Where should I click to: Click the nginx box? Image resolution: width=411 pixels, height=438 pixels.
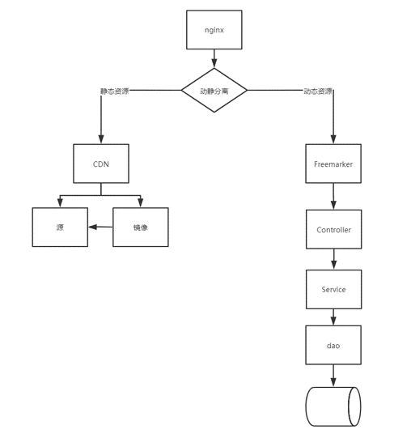(x=214, y=30)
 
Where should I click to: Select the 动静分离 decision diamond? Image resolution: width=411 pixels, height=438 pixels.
(x=214, y=90)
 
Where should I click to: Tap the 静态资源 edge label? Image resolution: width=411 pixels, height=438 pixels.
(x=114, y=91)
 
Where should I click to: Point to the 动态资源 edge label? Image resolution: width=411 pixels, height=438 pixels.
(x=318, y=91)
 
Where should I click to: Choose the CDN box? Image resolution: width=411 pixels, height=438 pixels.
(x=101, y=164)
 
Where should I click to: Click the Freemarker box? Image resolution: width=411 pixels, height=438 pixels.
(x=333, y=164)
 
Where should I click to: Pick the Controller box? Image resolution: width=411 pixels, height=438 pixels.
(x=334, y=229)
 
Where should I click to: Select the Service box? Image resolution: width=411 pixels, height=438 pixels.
(x=334, y=289)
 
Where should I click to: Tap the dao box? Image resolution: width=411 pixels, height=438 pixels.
(x=333, y=345)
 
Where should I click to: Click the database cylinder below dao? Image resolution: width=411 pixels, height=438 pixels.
(x=333, y=406)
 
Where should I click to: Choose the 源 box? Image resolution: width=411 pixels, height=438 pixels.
(x=60, y=228)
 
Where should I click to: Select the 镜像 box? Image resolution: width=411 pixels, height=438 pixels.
(x=141, y=228)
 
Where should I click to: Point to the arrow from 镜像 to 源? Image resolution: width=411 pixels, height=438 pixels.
(x=100, y=227)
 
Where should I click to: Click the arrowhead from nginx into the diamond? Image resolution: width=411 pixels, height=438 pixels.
(x=214, y=63)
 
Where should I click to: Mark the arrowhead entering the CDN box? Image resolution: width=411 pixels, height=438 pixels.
(x=101, y=139)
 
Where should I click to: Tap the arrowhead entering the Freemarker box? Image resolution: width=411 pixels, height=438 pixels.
(x=333, y=139)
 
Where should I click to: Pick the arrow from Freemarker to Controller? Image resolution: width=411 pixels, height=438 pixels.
(x=333, y=197)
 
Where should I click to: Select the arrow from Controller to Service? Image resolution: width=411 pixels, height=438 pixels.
(x=333, y=259)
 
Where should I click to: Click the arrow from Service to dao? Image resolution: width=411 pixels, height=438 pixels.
(x=333, y=317)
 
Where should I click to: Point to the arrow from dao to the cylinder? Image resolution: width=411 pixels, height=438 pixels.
(x=333, y=376)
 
